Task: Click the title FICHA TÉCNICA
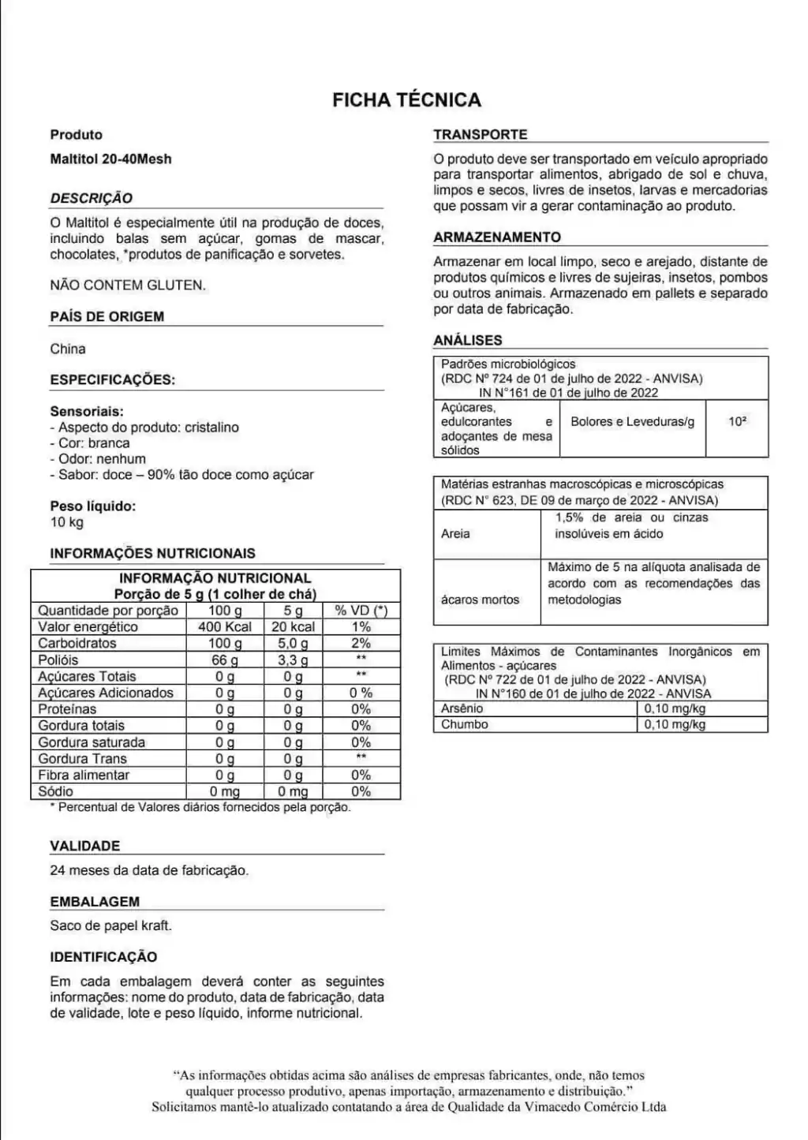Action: coord(406,100)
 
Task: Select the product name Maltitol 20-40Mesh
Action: coord(110,159)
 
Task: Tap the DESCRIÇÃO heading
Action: coord(92,198)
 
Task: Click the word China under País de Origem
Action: coord(68,349)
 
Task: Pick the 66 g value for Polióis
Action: coord(225,660)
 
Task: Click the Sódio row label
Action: coord(56,791)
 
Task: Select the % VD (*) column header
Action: coord(361,611)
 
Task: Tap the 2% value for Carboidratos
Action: coord(361,644)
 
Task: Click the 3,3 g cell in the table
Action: coord(293,660)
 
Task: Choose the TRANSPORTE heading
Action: coord(481,135)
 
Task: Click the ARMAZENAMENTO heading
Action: coord(497,237)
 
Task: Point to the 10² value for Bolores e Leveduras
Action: coord(737,422)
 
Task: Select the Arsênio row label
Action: coord(463,708)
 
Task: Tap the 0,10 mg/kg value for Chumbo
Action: coord(675,724)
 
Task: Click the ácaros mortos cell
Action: coord(480,600)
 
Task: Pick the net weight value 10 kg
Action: coord(67,522)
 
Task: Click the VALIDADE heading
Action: coord(85,846)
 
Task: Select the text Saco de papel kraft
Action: coord(110,925)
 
